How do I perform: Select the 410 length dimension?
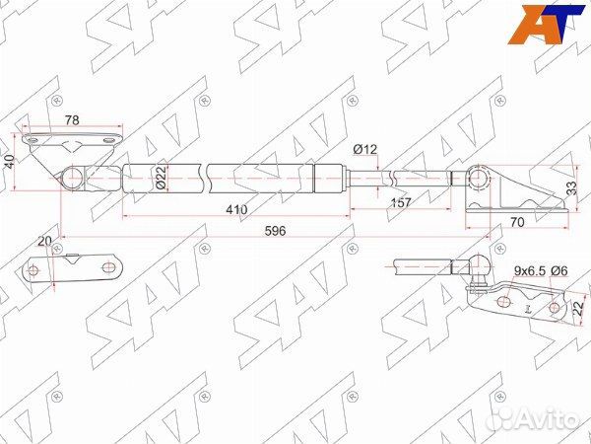tap(235, 210)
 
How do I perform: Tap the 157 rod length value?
tap(401, 202)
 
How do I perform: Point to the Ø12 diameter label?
tap(365, 150)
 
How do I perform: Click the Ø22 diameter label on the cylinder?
tap(162, 179)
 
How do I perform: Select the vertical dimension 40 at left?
tap(10, 162)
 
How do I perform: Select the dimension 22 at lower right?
tap(579, 310)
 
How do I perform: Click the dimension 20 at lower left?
tap(42, 243)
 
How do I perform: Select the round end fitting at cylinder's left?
tap(71, 179)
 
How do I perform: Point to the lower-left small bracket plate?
tap(74, 270)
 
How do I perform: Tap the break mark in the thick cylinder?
tap(205, 179)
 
